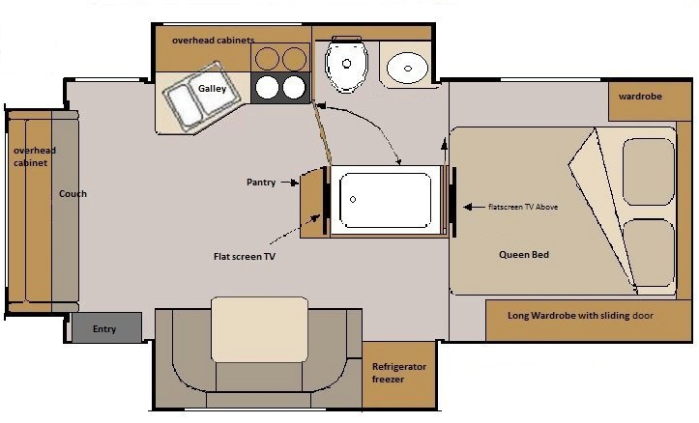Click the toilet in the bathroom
pyautogui.click(x=346, y=64)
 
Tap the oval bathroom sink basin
pyautogui.click(x=407, y=69)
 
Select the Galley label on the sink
pyautogui.click(x=212, y=89)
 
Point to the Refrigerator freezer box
pyautogui.click(x=399, y=374)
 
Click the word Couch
pyautogui.click(x=73, y=194)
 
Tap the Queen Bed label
pyautogui.click(x=524, y=255)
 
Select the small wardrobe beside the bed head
pyautogui.click(x=650, y=100)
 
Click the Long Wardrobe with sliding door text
pyautogui.click(x=580, y=316)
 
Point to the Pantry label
pyautogui.click(x=261, y=183)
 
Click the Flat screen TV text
pyautogui.click(x=245, y=257)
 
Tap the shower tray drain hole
pyautogui.click(x=353, y=200)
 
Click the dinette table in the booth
pyautogui.click(x=259, y=329)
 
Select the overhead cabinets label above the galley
pyautogui.click(x=213, y=40)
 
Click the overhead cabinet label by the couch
pyautogui.click(x=35, y=156)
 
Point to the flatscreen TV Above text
pyautogui.click(x=523, y=207)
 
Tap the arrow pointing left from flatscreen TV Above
pyautogui.click(x=474, y=207)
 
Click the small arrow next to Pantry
pyautogui.click(x=289, y=183)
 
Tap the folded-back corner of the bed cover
pyautogui.click(x=602, y=210)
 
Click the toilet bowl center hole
pyautogui.click(x=346, y=64)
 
